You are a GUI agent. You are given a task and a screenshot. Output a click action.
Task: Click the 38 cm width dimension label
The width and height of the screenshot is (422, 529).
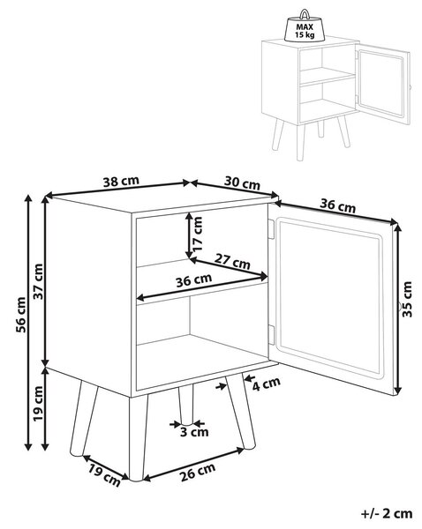click(121, 181)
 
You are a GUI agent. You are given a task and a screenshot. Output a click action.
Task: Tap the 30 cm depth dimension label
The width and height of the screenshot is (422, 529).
click(242, 183)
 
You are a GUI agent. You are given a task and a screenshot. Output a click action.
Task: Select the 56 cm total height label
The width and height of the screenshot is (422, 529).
click(21, 315)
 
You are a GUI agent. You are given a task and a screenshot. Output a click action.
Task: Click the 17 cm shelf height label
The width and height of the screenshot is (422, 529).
click(198, 234)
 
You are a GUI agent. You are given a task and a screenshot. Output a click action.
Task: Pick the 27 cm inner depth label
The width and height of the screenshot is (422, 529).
click(232, 261)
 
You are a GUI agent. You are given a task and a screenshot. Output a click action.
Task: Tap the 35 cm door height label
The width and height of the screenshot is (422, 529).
click(408, 299)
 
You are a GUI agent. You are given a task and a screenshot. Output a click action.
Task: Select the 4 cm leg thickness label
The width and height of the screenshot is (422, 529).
click(267, 384)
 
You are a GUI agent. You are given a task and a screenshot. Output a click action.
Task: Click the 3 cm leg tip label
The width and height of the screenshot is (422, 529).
click(194, 432)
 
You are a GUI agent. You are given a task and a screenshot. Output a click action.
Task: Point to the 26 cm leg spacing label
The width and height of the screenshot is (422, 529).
click(198, 472)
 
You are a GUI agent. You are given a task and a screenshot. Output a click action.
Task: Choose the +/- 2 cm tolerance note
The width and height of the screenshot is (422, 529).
click(387, 514)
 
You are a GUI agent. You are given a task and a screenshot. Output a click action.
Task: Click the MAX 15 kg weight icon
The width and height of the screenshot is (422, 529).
click(305, 26)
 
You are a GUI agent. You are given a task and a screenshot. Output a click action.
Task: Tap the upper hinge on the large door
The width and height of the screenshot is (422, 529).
click(271, 229)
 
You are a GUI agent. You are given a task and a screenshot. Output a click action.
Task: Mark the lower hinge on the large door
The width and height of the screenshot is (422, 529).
click(271, 334)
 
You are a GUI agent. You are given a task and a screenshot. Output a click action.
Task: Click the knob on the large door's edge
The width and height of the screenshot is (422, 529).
click(399, 307)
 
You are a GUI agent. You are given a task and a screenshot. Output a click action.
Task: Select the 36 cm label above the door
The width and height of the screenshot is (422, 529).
click(337, 205)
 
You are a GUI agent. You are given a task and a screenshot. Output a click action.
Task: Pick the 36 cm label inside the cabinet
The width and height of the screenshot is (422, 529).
click(194, 280)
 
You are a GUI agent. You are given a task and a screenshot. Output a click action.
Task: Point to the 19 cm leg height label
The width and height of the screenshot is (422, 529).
click(38, 404)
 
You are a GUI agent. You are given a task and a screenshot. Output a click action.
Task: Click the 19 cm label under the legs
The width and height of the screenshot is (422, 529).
click(104, 475)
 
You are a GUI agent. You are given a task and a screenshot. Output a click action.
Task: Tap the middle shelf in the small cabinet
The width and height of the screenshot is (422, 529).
click(327, 76)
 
